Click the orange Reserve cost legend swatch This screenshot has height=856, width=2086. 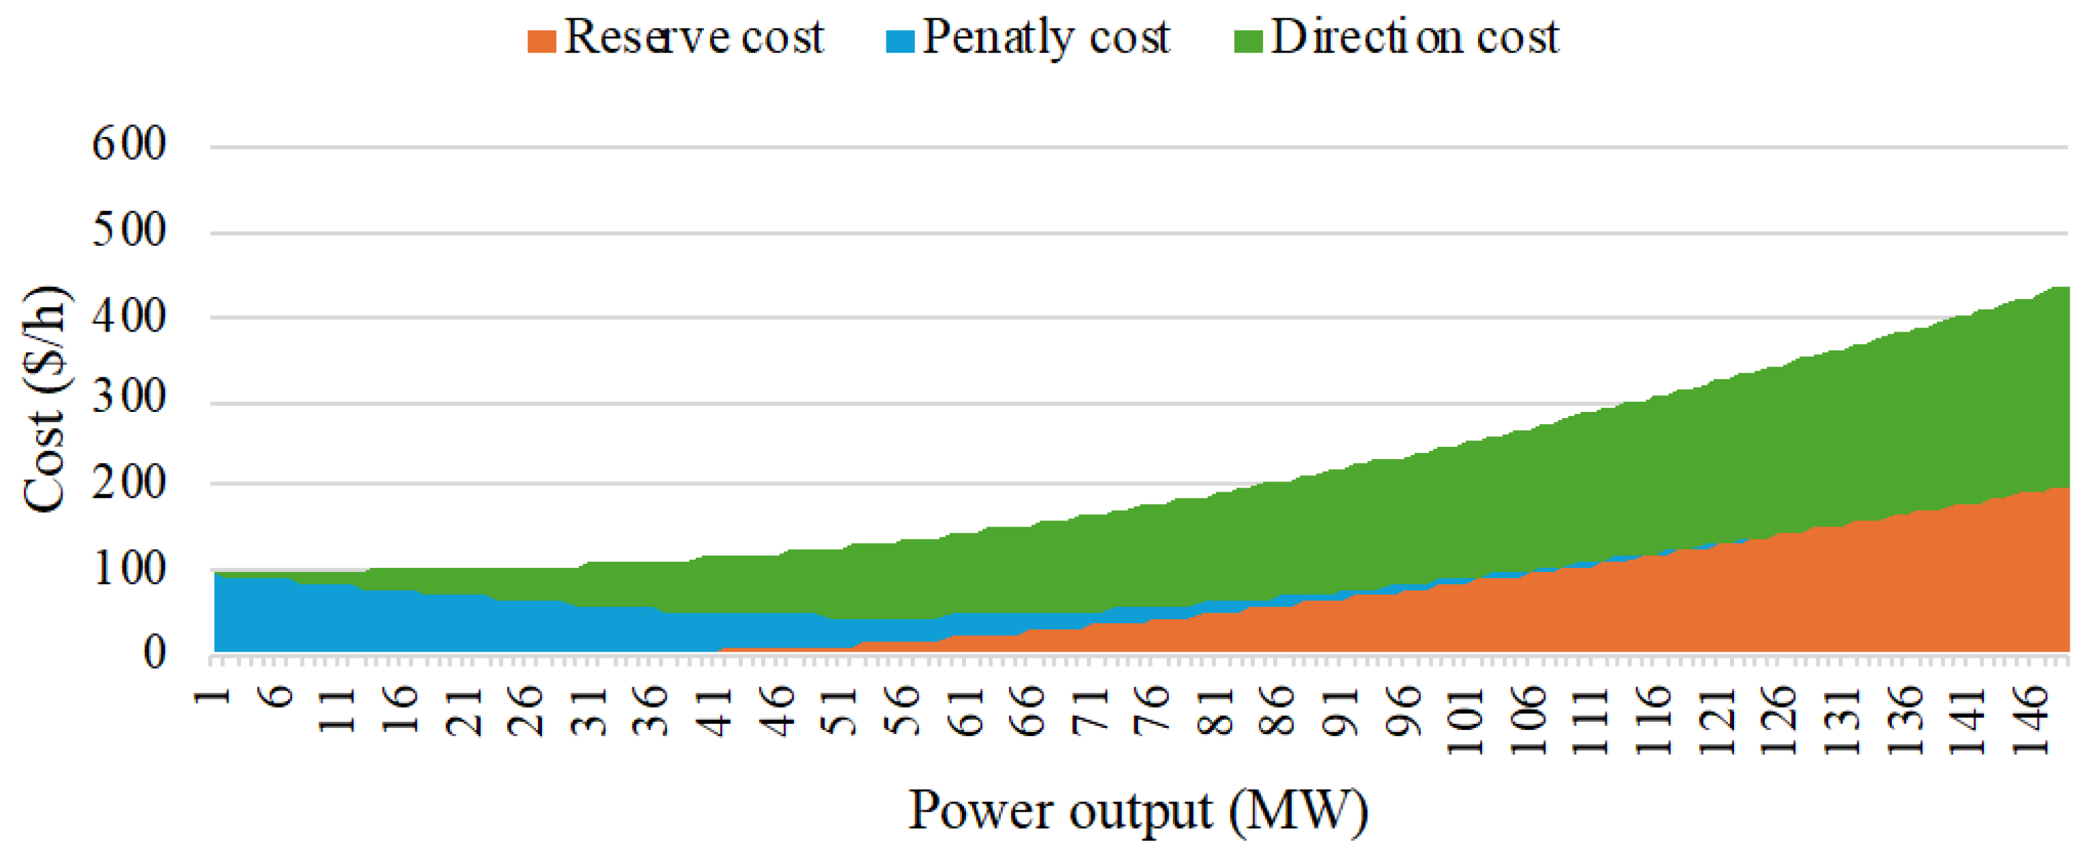pos(541,40)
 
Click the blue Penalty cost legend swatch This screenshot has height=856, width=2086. pos(899,40)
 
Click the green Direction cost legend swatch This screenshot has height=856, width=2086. pos(1248,40)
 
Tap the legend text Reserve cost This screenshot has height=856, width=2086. pos(693,37)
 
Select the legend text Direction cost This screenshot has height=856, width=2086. pos(1414,37)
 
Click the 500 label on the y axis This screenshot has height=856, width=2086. pos(129,230)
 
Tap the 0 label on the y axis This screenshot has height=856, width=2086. pos(154,652)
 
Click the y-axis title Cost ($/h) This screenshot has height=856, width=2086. pos(44,398)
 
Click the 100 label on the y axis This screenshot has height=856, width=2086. pos(129,569)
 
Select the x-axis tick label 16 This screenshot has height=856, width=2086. pos(402,710)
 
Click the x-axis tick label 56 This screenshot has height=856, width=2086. pos(903,710)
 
